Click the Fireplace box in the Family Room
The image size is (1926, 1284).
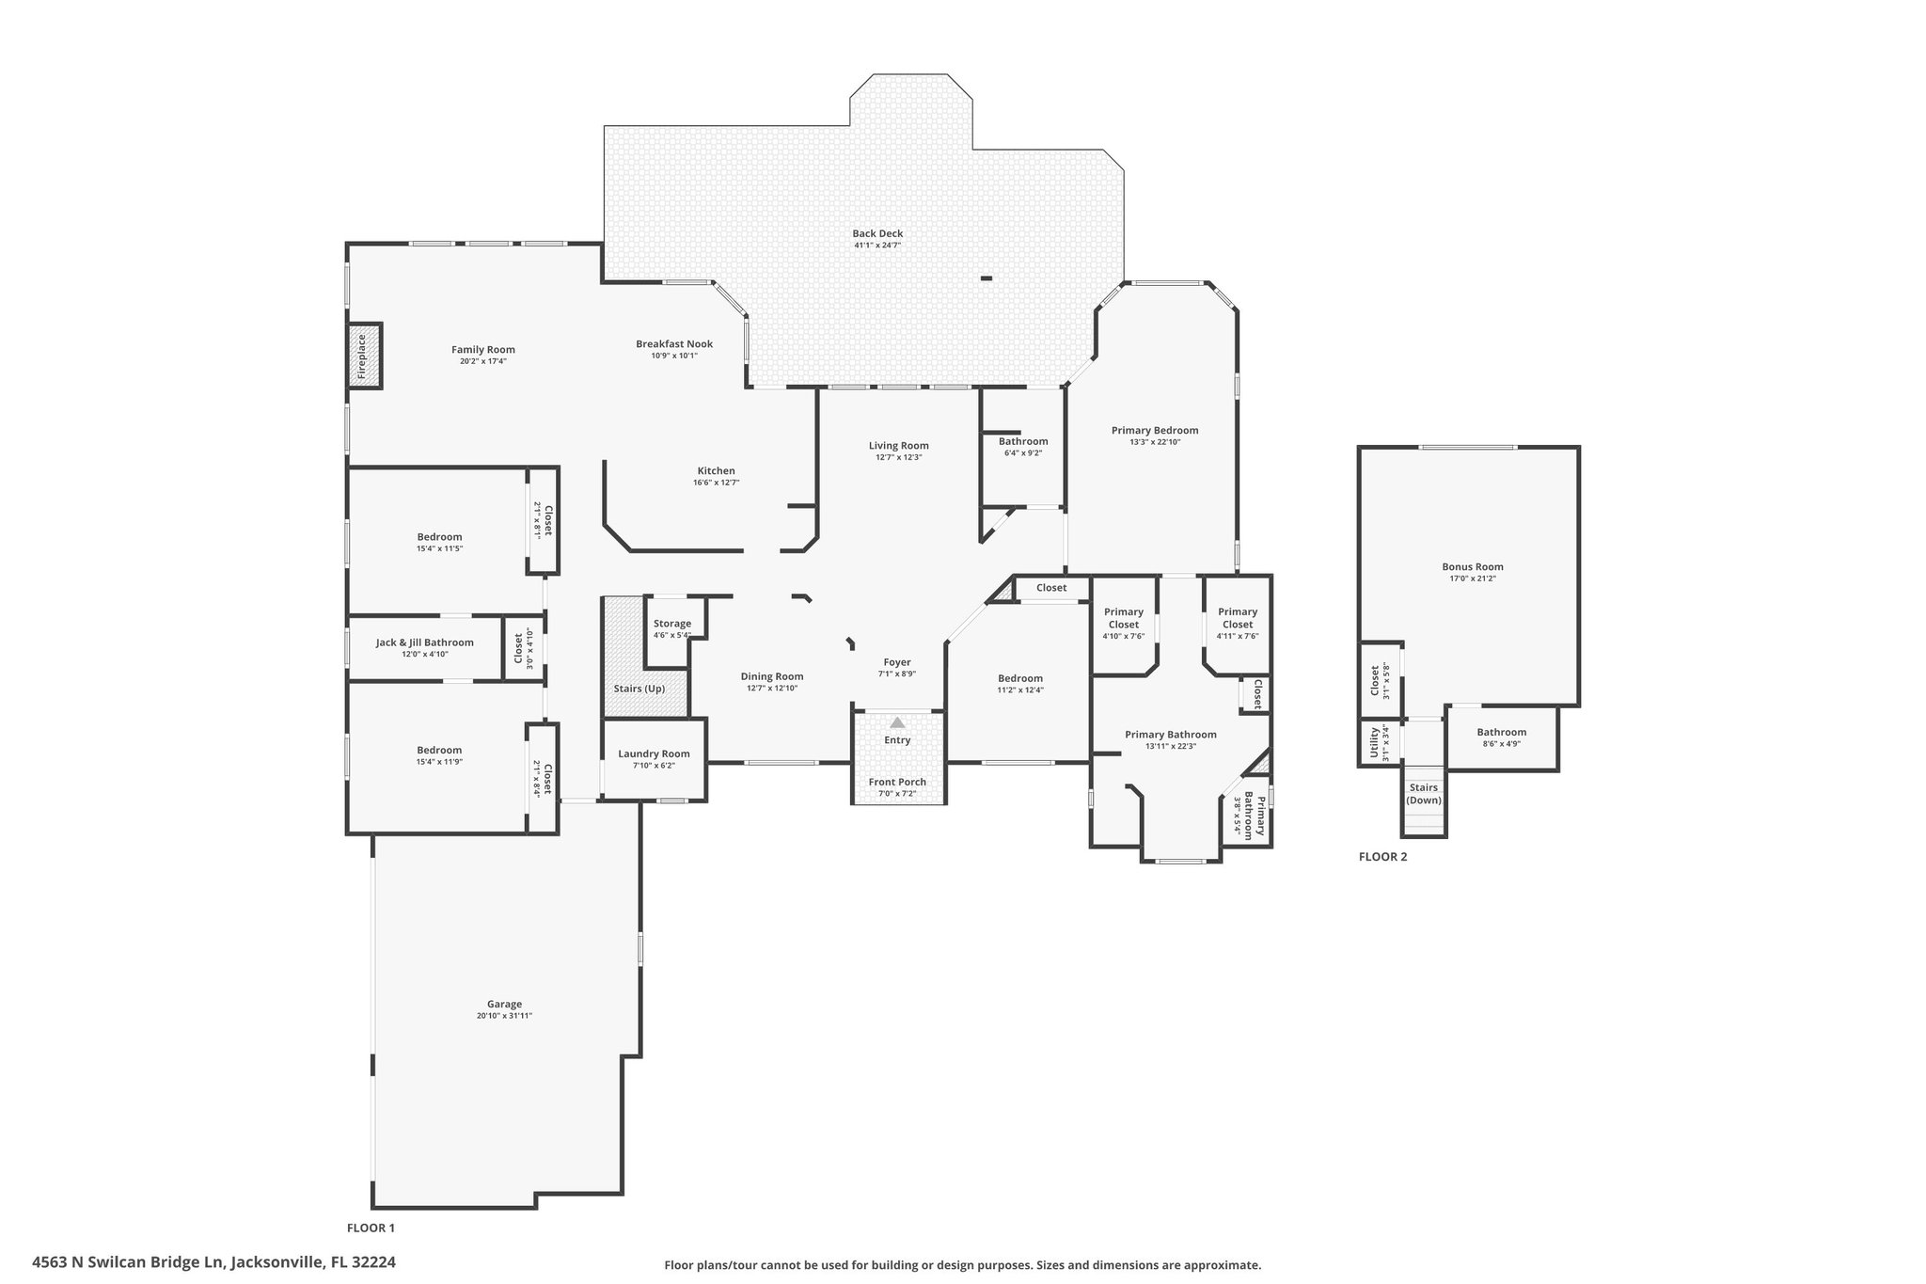(x=365, y=355)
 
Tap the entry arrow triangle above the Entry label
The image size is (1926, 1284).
(x=897, y=722)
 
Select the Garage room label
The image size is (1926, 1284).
(x=504, y=1004)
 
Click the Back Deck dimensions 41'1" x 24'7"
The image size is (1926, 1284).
(x=877, y=246)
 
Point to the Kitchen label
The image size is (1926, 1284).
(x=716, y=471)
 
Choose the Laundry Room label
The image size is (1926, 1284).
(x=654, y=753)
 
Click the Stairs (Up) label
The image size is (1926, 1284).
(x=639, y=689)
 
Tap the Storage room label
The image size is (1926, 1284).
(x=672, y=624)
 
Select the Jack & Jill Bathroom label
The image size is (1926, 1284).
(x=425, y=642)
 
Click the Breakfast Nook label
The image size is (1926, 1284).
(x=674, y=344)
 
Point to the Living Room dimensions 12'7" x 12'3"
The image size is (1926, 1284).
(x=898, y=457)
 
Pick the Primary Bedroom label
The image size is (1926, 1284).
(x=1155, y=431)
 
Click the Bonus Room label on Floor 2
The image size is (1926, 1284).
(x=1473, y=567)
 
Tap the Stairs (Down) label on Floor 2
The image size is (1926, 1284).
(x=1424, y=794)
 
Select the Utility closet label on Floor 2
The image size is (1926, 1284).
(x=1374, y=742)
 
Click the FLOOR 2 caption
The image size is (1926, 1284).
(x=1382, y=857)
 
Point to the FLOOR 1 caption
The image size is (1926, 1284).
(x=371, y=1228)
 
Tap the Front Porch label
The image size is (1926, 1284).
(x=897, y=782)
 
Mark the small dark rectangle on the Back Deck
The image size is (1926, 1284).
(x=986, y=277)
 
